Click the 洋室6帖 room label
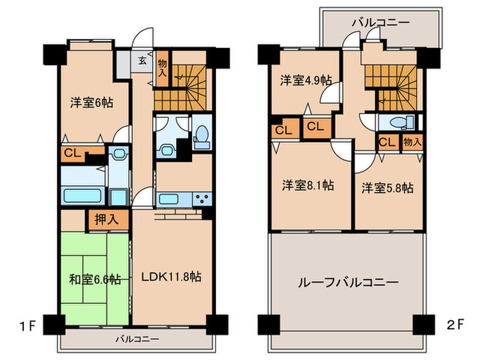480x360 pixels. [x=91, y=103]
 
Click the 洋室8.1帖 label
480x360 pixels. [x=309, y=185]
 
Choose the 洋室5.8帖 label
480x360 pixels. [x=387, y=187]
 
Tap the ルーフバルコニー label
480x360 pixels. [x=348, y=281]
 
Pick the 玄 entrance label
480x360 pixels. [x=143, y=60]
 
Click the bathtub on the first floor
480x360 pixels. [x=83, y=195]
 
